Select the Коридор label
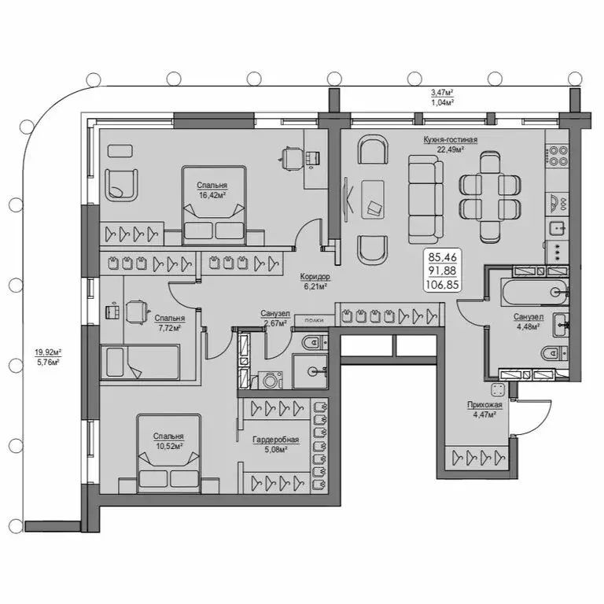(x=315, y=278)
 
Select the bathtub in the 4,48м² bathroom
(x=532, y=292)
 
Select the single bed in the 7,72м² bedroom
(x=142, y=363)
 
